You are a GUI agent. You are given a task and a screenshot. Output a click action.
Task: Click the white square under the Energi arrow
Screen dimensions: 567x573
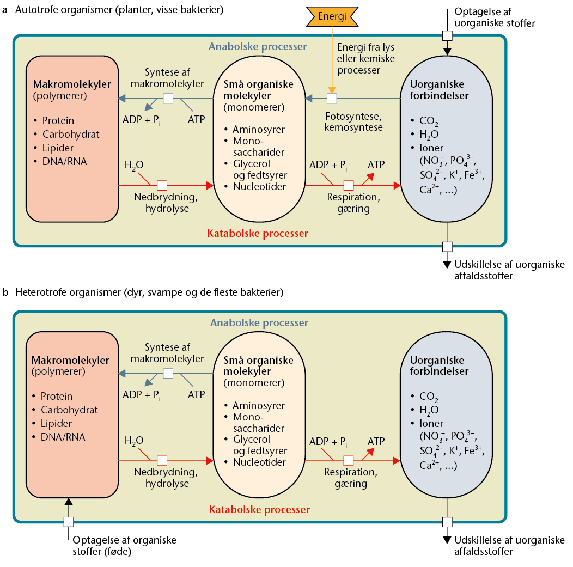click(331, 99)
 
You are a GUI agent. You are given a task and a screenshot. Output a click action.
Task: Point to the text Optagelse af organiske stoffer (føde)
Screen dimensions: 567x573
click(125, 546)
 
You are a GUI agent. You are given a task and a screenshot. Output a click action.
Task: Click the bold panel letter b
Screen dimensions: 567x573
click(5, 293)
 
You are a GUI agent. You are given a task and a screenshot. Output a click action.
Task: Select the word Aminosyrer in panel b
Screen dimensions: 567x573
click(259, 405)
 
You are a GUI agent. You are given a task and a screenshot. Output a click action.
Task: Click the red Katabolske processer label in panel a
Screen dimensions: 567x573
click(259, 234)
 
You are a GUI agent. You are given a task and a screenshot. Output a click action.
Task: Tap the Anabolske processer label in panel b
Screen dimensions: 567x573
click(259, 322)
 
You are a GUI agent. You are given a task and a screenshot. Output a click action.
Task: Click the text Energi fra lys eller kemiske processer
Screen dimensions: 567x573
click(366, 58)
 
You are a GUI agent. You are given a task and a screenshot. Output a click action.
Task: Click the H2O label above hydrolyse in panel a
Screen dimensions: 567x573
click(134, 165)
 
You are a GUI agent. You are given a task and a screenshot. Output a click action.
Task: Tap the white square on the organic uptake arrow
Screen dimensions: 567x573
click(68, 521)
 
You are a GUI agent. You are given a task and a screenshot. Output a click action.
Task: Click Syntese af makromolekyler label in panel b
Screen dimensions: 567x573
click(174, 353)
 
